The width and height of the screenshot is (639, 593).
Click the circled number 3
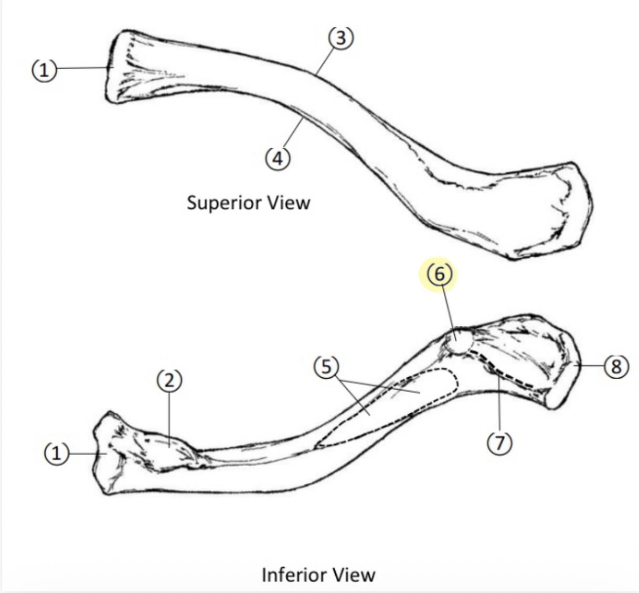tap(340, 38)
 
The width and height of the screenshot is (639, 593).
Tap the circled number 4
tap(278, 157)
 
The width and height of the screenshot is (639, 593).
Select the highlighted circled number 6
tap(439, 273)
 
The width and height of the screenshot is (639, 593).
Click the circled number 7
tap(499, 444)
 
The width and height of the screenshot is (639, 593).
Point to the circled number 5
tap(326, 367)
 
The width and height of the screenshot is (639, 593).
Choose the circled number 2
tap(169, 380)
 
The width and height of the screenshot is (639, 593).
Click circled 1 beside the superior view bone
tap(45, 69)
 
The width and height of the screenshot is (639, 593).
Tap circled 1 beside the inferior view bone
tap(57, 453)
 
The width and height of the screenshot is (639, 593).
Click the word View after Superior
tap(289, 203)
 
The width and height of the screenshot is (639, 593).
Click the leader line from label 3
tap(325, 60)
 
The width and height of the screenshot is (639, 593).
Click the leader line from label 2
tap(169, 419)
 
